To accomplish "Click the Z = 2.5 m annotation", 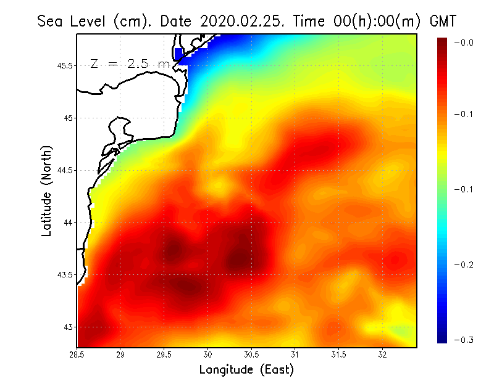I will [130, 63].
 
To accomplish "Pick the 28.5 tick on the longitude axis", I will [77, 354].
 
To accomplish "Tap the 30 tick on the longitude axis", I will [208, 354].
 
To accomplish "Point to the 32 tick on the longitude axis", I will [382, 354].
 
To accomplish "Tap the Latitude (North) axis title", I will [46, 190].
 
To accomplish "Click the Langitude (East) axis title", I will [246, 370].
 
